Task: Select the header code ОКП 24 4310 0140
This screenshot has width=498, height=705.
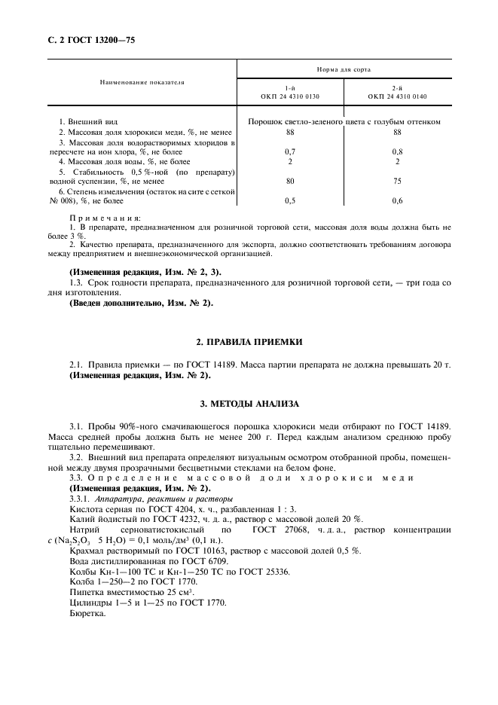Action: point(397,96)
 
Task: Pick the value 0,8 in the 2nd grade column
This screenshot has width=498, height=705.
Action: point(397,151)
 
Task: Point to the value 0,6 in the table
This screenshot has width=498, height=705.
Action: point(397,201)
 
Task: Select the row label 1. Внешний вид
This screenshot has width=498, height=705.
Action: point(88,121)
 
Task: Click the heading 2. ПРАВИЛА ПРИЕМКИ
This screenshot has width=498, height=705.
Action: point(249,342)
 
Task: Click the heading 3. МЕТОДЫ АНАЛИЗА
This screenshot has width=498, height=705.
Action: point(249,404)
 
